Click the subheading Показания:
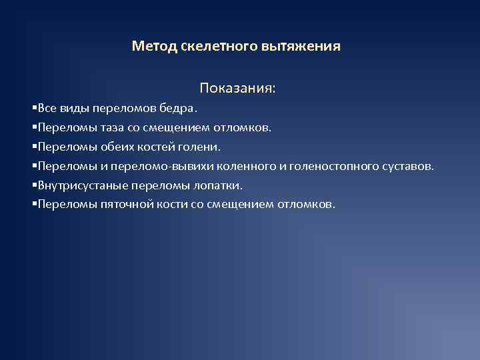[x=237, y=89]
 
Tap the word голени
[x=199, y=146]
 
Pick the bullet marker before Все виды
[x=34, y=108]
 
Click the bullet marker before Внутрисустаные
[x=34, y=185]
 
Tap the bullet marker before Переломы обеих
[x=34, y=146]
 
